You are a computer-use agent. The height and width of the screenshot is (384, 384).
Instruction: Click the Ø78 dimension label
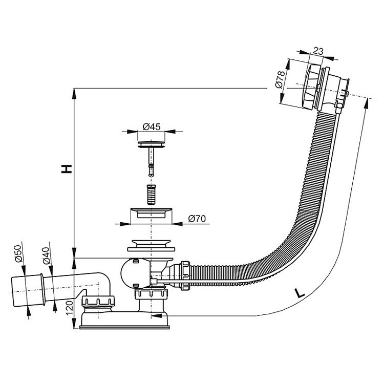pos(280,79)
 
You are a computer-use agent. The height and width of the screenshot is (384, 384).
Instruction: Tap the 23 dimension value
pos(318,51)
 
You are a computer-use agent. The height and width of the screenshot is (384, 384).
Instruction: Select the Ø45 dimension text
pos(152,126)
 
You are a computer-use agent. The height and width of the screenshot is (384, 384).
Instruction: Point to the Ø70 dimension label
pos(197,219)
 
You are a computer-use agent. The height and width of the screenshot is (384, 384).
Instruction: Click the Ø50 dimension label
pos(18,254)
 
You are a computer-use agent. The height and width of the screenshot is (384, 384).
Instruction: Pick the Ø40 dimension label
pos(46,255)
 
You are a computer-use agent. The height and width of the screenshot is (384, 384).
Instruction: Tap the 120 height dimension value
pos(70,308)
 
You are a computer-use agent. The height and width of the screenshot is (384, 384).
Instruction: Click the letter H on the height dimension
pos(67,169)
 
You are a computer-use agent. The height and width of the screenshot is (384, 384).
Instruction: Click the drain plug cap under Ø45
pos(151,144)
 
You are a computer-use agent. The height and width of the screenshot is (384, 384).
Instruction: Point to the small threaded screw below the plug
pos(151,195)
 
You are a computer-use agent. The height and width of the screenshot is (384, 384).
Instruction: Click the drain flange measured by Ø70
pos(151,212)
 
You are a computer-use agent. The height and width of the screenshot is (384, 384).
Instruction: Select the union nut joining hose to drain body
pos(185,275)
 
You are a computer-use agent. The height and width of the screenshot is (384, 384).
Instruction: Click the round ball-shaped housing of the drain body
pos(134,273)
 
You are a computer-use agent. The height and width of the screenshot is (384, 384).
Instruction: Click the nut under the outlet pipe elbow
pos(98,301)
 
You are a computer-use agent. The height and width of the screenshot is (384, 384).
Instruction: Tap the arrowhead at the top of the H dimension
pos(74,93)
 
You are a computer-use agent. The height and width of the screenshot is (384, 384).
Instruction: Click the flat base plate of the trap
pos(124,327)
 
